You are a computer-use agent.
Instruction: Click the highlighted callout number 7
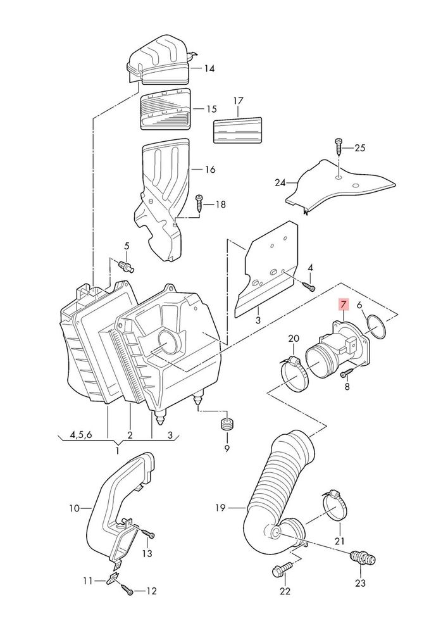(x=343, y=303)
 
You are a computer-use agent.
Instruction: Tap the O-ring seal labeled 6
(x=376, y=327)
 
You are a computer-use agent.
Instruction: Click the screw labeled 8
(x=347, y=372)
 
